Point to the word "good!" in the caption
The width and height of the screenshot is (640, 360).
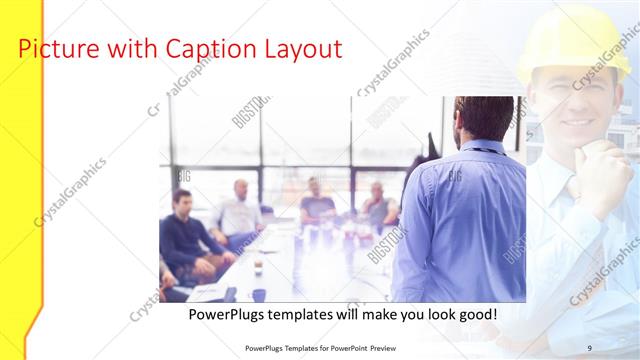[476, 315]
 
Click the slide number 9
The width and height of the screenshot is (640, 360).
[590, 347]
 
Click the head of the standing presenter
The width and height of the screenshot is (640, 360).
[484, 118]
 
